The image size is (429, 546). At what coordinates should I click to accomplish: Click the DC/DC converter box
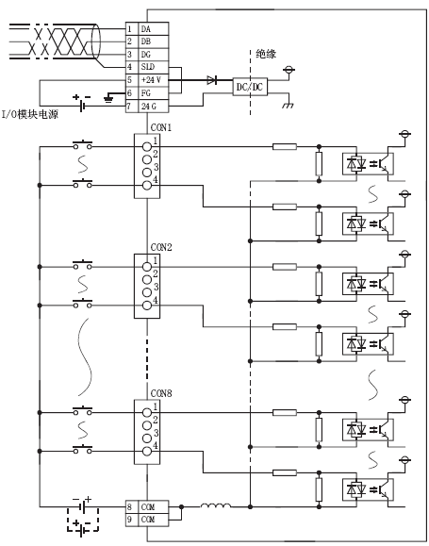click(x=249, y=86)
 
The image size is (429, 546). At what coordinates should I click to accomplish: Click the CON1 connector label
click(x=160, y=126)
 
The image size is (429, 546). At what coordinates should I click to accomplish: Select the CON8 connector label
click(x=160, y=394)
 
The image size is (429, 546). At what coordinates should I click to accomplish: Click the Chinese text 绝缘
click(x=267, y=56)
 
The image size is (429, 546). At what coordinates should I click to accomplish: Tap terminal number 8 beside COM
click(x=129, y=506)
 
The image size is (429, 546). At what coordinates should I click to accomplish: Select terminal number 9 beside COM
click(x=129, y=519)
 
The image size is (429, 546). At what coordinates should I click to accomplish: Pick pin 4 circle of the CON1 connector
click(x=147, y=186)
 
